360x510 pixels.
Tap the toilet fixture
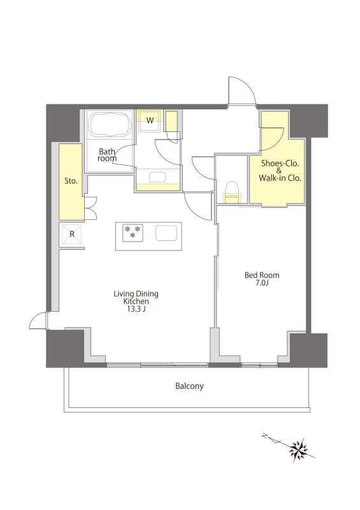coord(232,193)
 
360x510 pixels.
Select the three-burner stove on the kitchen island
coord(133,233)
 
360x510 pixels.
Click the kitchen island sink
coord(166,233)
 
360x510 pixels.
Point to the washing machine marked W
coord(150,120)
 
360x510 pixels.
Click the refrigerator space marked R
coord(72,234)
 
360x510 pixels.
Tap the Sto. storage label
coord(71,181)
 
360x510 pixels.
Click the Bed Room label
coord(262,275)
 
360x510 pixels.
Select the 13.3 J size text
coord(136,309)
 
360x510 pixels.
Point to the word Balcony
coord(189,386)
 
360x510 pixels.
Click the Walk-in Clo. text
coord(280,178)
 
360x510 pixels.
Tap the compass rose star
coord(299,450)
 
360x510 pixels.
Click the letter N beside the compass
coord(265,437)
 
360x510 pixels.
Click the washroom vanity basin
coord(157,177)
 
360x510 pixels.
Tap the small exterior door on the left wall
coord(38,321)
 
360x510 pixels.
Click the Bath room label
coord(107,155)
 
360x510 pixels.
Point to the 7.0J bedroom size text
coord(262,283)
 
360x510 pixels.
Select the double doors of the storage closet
coord(90,208)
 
